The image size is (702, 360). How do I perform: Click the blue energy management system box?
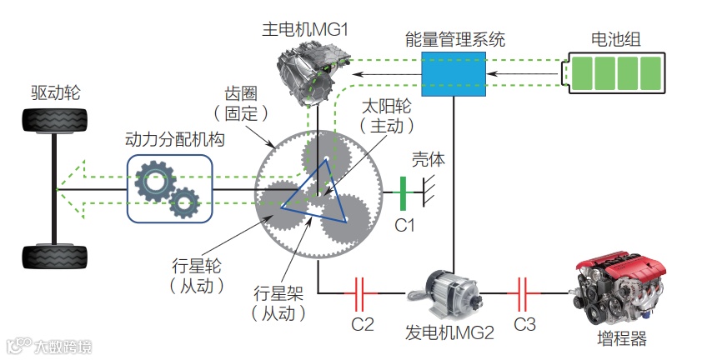tap(454, 72)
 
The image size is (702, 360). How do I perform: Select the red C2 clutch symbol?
tap(363, 292)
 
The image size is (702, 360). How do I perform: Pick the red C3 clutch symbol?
tap(524, 292)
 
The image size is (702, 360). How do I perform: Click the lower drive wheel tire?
tap(53, 257)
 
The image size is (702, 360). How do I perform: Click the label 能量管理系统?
tap(454, 39)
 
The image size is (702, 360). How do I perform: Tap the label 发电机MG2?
tap(451, 332)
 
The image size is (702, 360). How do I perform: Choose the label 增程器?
tap(621, 339)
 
